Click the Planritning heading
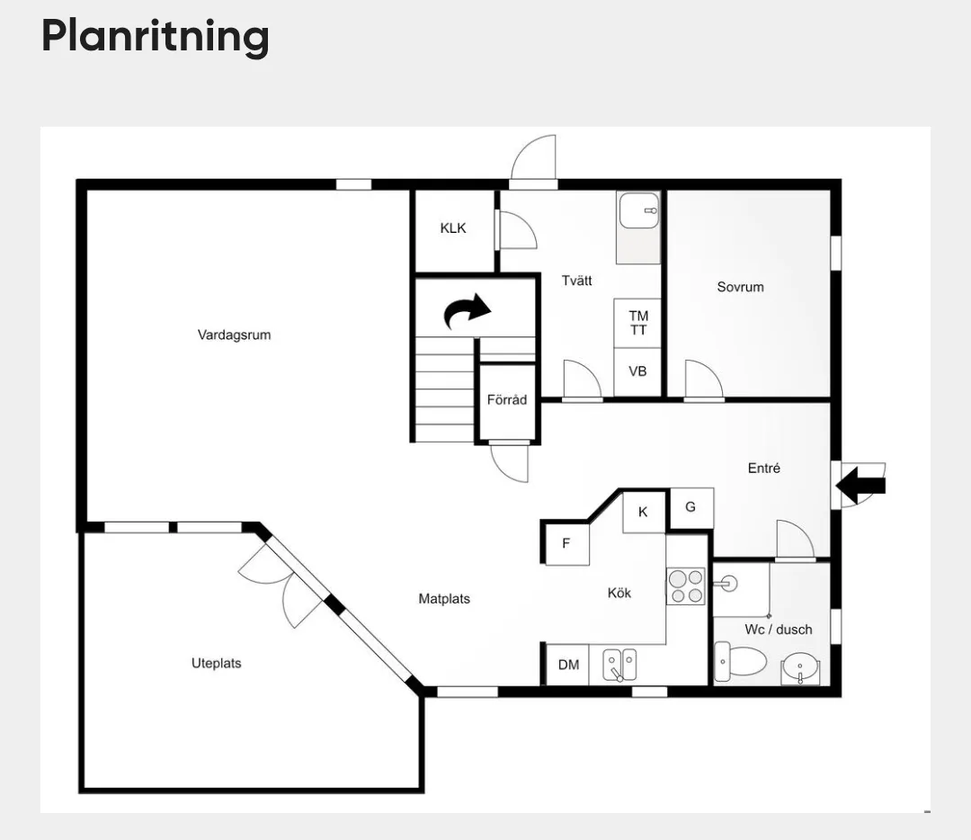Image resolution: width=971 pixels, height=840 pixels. pyautogui.click(x=155, y=37)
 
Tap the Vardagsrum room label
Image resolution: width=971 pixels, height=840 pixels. pyautogui.click(x=234, y=335)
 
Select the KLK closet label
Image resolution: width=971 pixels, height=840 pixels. pyautogui.click(x=453, y=228)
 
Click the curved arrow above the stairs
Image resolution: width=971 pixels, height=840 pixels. pyautogui.click(x=468, y=310)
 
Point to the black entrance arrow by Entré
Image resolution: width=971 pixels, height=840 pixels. pyautogui.click(x=860, y=485)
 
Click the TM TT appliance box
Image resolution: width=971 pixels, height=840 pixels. pyautogui.click(x=637, y=323)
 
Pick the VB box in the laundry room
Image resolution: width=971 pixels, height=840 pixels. pyautogui.click(x=637, y=371)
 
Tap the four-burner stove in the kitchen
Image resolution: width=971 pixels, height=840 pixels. pyautogui.click(x=686, y=586)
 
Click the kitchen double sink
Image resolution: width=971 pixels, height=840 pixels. pyautogui.click(x=619, y=665)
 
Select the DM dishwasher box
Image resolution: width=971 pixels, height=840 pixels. pyautogui.click(x=568, y=665)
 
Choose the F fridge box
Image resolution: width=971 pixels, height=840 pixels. pyautogui.click(x=566, y=544)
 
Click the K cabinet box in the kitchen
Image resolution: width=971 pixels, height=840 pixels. pyautogui.click(x=644, y=512)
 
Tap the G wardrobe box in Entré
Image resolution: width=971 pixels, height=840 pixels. pyautogui.click(x=691, y=507)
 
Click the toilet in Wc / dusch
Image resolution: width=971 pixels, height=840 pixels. pyautogui.click(x=741, y=661)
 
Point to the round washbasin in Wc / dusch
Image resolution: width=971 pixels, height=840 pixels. pyautogui.click(x=801, y=668)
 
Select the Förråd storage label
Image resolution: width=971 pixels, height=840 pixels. pyautogui.click(x=507, y=399)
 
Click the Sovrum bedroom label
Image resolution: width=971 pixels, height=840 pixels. pyautogui.click(x=741, y=287)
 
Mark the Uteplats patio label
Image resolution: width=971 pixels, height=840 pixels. pyautogui.click(x=216, y=663)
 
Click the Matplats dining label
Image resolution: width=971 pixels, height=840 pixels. pyautogui.click(x=444, y=598)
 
